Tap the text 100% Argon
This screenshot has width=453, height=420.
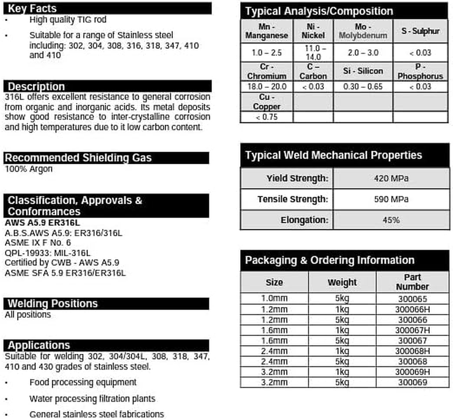click(x=28, y=169)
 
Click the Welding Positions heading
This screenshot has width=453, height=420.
click(x=53, y=303)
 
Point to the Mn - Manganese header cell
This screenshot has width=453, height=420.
click(x=266, y=31)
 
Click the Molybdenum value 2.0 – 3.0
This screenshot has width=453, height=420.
click(x=363, y=52)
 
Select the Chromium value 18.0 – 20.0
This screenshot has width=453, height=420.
click(x=266, y=87)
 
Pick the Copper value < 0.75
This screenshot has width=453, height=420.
click(x=266, y=117)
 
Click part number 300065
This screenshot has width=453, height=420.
click(x=412, y=298)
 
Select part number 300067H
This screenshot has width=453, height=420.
click(x=412, y=330)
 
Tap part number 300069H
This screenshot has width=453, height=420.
click(x=412, y=372)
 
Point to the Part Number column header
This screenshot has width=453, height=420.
click(x=412, y=282)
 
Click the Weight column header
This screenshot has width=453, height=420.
click(x=342, y=282)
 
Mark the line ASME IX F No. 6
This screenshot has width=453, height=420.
click(x=37, y=243)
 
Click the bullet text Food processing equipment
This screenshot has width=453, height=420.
click(x=83, y=382)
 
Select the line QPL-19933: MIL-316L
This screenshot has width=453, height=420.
click(x=47, y=253)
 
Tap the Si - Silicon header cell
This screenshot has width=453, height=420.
click(x=363, y=71)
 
